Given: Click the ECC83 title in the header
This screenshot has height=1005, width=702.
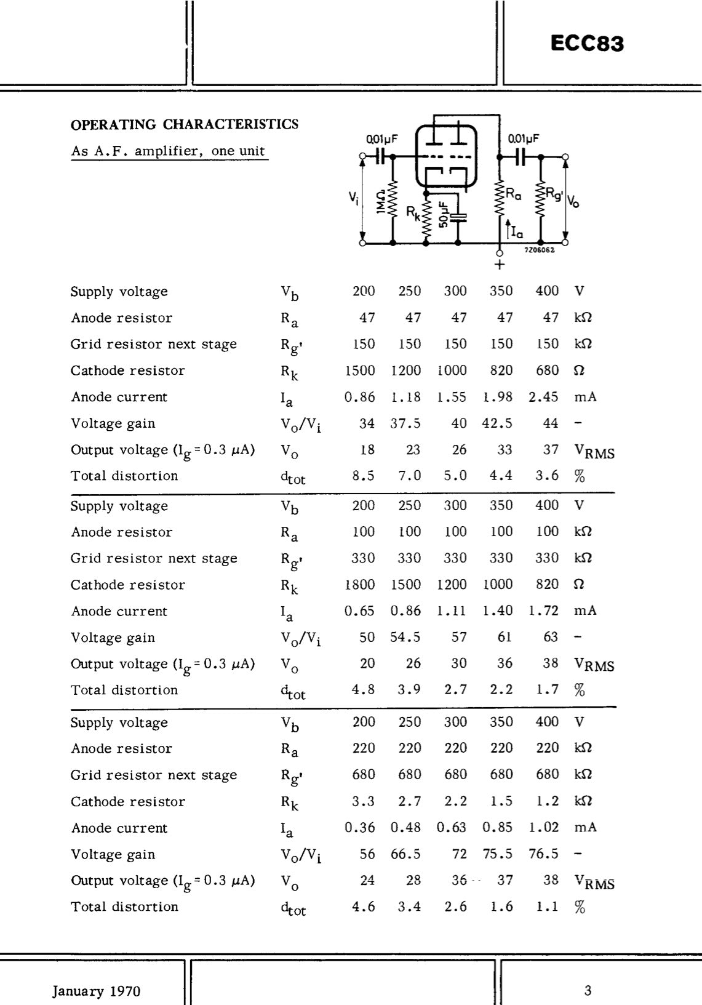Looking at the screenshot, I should point(586,44).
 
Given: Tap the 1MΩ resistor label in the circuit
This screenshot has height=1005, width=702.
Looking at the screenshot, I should point(381,202).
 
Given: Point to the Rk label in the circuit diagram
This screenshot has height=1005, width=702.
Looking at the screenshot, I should point(413,212).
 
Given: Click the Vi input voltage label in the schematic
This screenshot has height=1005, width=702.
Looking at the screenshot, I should point(353,198).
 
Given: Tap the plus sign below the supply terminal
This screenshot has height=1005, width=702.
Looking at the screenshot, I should point(500,265).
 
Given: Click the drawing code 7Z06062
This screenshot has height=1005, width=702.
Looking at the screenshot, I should point(540,250).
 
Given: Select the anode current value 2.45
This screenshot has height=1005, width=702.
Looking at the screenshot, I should point(543,397).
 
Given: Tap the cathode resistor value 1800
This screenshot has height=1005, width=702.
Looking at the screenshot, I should point(359,585).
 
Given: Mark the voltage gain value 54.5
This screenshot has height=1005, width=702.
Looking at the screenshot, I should point(405,638).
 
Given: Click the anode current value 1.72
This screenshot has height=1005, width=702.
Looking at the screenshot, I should point(543,611).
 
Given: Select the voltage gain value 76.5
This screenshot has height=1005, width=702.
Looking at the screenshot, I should point(543,854).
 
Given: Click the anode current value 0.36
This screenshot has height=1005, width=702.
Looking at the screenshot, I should point(359,828).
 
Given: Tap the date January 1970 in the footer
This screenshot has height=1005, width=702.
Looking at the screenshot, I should point(96,991).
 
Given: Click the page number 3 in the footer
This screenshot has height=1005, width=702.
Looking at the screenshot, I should point(588,990).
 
